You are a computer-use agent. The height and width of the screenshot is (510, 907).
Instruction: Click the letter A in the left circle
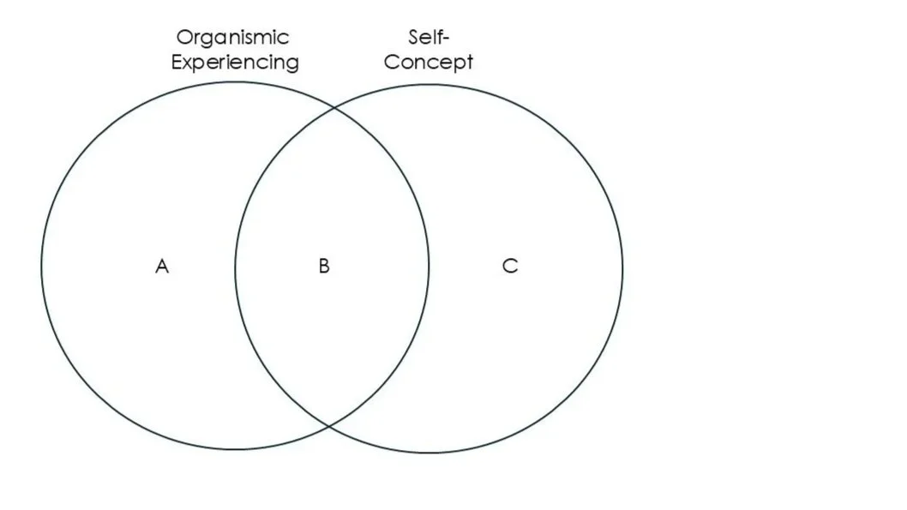click(x=162, y=267)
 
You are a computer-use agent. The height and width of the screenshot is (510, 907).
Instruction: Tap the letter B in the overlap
click(x=324, y=267)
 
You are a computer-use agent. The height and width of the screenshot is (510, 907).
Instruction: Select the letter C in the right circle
click(x=510, y=267)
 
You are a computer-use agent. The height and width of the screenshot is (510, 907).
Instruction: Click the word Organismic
click(x=233, y=38)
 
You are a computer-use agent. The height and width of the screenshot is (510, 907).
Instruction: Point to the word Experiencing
click(x=235, y=63)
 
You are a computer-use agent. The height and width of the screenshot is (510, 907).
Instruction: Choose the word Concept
click(x=429, y=63)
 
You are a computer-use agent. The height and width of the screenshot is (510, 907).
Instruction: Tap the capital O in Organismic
click(x=183, y=38)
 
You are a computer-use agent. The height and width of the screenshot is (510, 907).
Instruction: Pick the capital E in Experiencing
click(x=177, y=62)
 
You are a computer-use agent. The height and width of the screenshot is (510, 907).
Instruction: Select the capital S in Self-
click(x=415, y=38)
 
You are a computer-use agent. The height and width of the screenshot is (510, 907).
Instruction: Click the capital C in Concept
click(x=392, y=62)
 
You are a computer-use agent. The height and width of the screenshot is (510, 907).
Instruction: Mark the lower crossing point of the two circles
click(x=332, y=425)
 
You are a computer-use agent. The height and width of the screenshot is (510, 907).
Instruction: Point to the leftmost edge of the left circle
click(x=41, y=266)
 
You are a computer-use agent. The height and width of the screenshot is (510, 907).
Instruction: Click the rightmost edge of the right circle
click(x=623, y=268)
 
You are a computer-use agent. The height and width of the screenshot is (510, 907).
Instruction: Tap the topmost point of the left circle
click(x=235, y=82)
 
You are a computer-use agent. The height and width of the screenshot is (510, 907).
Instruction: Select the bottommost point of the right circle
click(x=429, y=453)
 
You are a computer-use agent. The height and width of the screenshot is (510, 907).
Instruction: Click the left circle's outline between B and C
click(x=429, y=267)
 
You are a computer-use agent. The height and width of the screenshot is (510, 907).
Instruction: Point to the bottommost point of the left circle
click(x=235, y=449)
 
